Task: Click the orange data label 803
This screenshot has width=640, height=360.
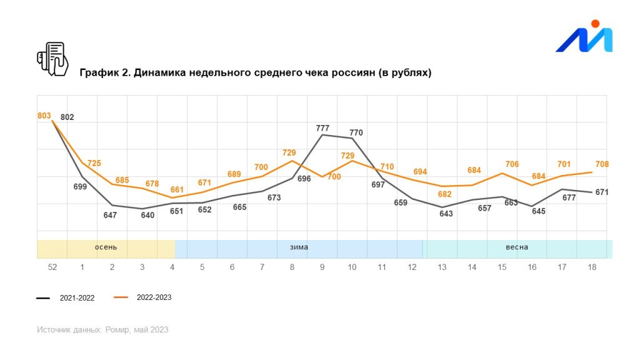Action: tap(44, 116)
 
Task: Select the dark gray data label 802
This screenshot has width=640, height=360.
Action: tap(67, 117)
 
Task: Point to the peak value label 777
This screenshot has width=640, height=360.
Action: tap(322, 128)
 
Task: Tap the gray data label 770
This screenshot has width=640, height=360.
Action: tap(356, 132)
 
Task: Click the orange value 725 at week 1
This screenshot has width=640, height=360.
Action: tap(94, 163)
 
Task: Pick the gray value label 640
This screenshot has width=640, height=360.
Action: tap(147, 215)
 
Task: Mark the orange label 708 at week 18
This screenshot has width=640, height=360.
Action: tap(602, 164)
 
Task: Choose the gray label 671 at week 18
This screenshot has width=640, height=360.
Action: tap(602, 192)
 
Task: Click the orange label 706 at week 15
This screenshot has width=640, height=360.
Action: tap(512, 164)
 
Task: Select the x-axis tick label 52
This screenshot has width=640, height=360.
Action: tap(52, 267)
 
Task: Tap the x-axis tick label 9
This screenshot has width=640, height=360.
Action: tap(322, 267)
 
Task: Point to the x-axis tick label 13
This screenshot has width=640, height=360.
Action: tap(442, 267)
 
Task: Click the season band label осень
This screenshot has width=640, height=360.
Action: tap(106, 247)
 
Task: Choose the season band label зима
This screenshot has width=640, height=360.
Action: tap(299, 247)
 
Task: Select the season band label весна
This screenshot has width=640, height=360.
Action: tap(516, 247)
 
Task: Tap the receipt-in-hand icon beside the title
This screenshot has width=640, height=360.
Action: tap(52, 59)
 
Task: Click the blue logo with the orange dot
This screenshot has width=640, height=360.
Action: tap(584, 37)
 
